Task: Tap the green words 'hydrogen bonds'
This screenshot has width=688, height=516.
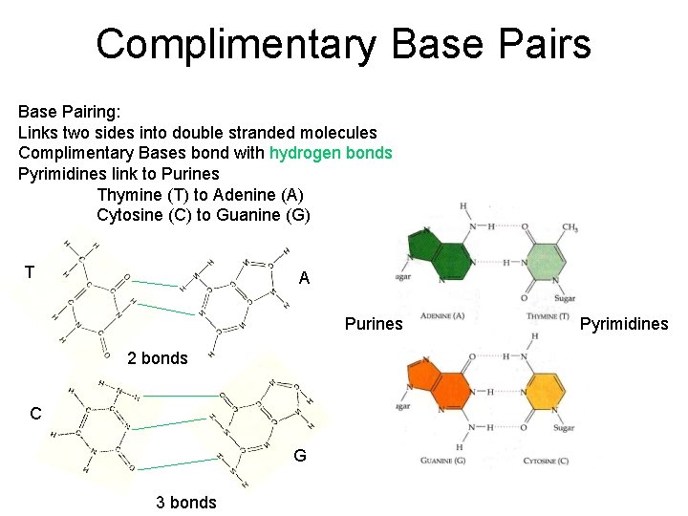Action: click(331, 153)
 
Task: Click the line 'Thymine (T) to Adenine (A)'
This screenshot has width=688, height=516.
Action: click(200, 194)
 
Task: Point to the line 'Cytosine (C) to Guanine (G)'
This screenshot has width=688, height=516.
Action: click(204, 215)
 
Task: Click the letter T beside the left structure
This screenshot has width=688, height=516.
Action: click(30, 272)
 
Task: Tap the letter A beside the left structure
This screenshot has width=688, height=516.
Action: click(304, 279)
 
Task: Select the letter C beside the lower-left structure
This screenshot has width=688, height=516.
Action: click(35, 414)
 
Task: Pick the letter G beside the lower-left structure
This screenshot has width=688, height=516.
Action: click(300, 456)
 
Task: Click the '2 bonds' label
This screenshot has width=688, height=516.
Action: click(158, 358)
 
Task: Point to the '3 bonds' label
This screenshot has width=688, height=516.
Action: click(186, 503)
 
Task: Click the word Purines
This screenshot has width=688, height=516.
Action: click(374, 324)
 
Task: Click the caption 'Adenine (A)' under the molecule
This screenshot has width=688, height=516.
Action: click(442, 316)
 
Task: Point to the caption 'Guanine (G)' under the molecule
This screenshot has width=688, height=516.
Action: click(443, 462)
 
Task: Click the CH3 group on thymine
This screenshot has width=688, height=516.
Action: click(570, 227)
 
